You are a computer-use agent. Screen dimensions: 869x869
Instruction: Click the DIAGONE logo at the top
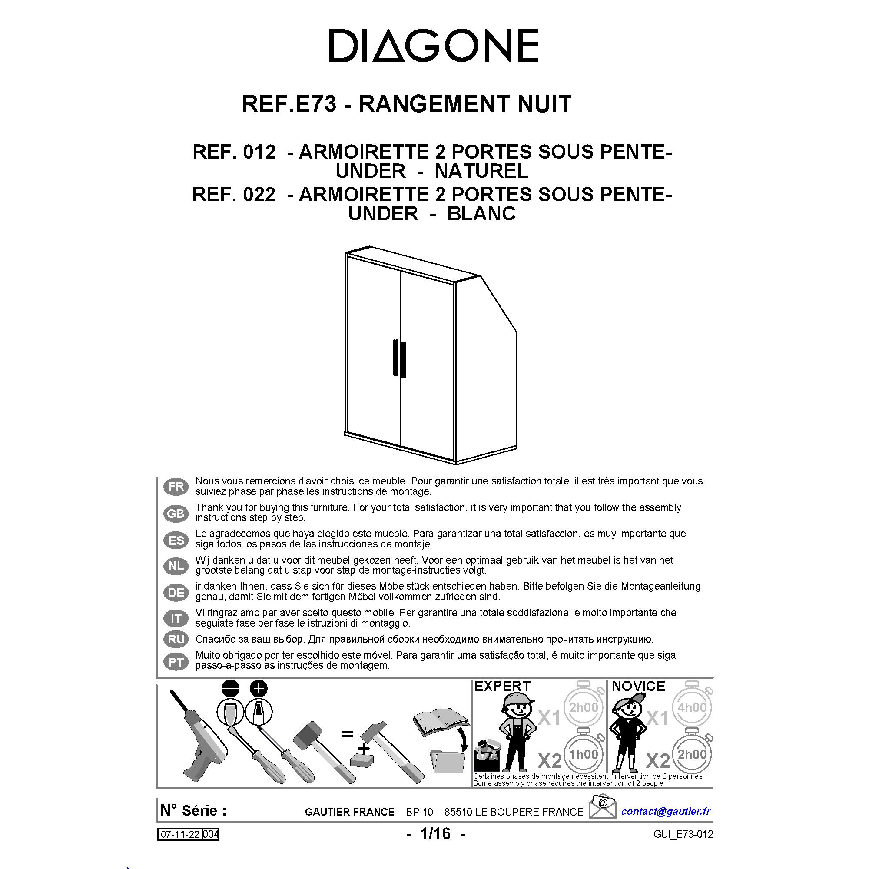[x=434, y=46]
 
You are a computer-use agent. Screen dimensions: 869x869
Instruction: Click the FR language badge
[x=176, y=487]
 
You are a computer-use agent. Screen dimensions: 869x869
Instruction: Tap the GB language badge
[x=176, y=514]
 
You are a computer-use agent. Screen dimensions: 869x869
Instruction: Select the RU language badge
[x=176, y=639]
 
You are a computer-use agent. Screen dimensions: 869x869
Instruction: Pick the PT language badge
[x=176, y=662]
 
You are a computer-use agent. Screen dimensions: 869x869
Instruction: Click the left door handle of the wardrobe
[x=395, y=357]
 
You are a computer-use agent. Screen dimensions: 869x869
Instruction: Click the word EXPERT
[x=502, y=686]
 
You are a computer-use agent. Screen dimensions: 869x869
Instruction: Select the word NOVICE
[x=638, y=686]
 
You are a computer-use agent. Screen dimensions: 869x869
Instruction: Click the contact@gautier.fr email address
[x=666, y=811]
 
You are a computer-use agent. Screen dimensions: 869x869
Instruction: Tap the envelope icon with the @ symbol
[x=603, y=806]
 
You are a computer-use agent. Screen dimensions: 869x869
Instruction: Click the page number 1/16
[x=435, y=833]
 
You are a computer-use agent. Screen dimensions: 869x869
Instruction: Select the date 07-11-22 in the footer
[x=180, y=834]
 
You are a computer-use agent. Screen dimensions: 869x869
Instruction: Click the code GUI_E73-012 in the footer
[x=683, y=834]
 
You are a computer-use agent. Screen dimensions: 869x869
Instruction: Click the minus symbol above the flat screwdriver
[x=231, y=689]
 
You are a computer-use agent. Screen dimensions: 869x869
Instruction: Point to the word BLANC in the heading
[x=481, y=214]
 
